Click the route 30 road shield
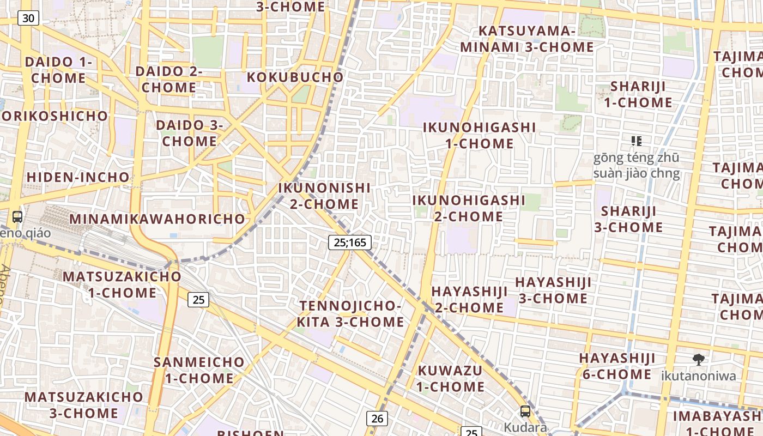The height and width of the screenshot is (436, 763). (28, 18)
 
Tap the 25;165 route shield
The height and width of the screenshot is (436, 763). (349, 243)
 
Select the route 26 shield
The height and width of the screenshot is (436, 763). (377, 418)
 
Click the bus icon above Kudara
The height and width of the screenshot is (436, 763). (525, 411)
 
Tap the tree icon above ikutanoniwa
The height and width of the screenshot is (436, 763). (698, 359)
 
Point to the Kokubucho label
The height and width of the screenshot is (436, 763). (295, 77)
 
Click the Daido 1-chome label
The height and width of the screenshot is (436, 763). (58, 70)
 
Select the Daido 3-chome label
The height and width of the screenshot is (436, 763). (190, 133)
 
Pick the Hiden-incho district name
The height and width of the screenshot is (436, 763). (78, 177)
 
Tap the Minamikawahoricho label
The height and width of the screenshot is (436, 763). (158, 219)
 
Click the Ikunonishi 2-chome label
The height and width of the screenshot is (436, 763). (324, 196)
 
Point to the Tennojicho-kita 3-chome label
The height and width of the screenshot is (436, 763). (350, 313)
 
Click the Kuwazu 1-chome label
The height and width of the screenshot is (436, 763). (451, 378)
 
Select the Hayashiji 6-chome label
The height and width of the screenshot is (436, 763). (617, 366)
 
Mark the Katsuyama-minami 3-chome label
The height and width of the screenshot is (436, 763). (526, 39)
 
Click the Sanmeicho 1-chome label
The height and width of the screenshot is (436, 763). (199, 370)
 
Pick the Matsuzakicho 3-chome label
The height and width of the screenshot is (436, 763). (83, 404)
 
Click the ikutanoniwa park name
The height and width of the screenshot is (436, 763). (698, 376)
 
